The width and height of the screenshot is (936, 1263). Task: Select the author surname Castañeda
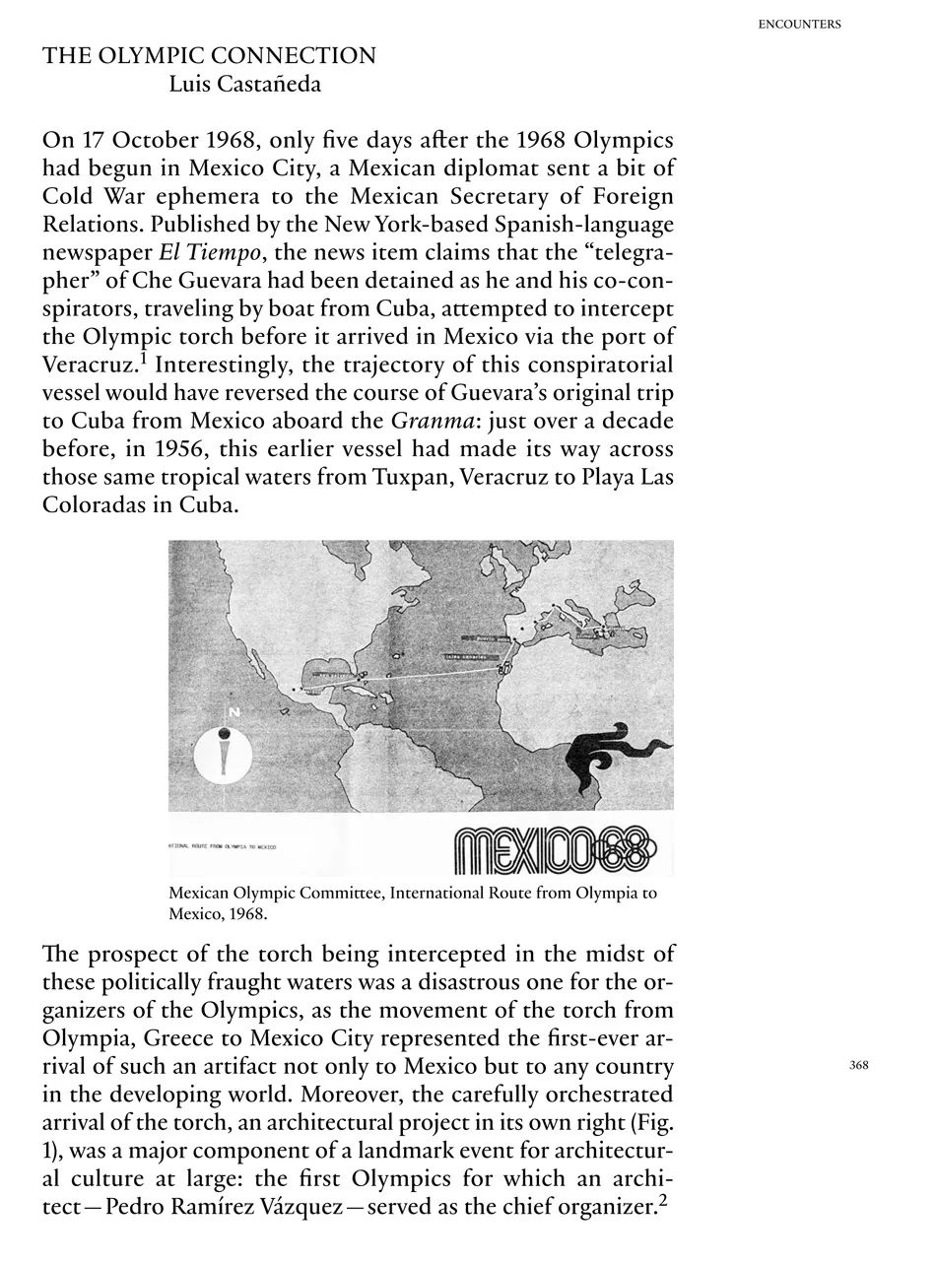click(272, 85)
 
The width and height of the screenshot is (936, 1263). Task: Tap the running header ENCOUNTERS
click(799, 25)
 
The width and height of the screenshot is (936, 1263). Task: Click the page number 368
click(858, 1065)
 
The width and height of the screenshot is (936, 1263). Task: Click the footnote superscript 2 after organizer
click(663, 1201)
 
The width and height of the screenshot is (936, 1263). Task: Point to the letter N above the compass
click(234, 712)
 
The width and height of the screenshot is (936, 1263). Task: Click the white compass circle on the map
click(224, 756)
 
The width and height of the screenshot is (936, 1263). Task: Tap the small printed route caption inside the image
click(223, 847)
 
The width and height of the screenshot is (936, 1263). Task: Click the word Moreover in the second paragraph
click(347, 1095)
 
